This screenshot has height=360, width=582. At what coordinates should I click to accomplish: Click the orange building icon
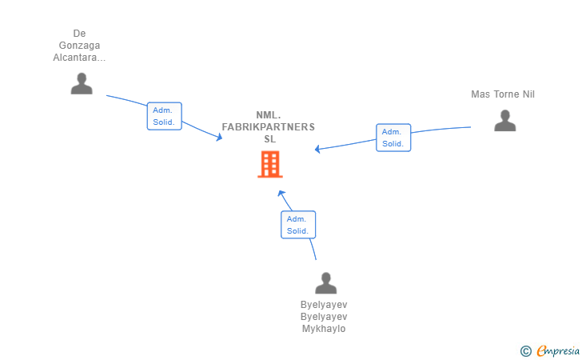269,164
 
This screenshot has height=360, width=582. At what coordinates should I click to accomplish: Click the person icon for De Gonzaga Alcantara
82,83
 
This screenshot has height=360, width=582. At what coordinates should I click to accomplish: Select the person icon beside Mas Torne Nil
504,121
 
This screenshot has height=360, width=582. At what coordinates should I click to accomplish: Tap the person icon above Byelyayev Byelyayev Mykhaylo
325,283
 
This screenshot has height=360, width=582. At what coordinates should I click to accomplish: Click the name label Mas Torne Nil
502,94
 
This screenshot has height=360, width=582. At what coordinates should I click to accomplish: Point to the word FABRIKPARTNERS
269,127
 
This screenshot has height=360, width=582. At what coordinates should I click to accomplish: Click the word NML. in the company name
269,115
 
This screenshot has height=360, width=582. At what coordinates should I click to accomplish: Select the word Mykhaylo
324,329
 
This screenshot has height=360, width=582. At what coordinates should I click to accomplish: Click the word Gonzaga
79,46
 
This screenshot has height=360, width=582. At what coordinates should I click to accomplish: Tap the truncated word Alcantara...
79,58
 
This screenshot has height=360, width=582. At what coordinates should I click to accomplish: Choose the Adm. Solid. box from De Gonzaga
165,116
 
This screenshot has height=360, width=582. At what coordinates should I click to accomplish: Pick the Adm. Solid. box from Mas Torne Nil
393,138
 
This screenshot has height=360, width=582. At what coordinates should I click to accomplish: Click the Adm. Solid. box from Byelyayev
298,224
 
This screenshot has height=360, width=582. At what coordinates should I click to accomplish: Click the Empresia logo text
558,350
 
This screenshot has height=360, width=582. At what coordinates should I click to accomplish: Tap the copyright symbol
525,350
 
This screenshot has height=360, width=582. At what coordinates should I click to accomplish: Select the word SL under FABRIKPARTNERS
269,138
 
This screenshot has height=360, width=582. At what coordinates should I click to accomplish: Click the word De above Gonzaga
79,34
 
